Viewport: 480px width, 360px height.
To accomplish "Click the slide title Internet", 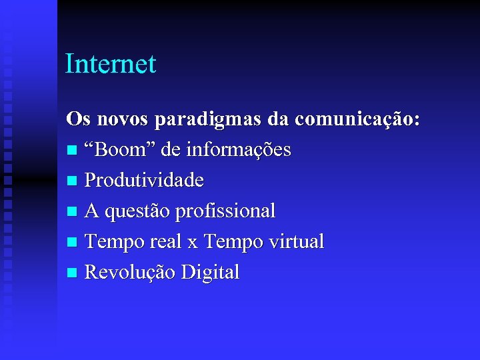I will click(x=111, y=64).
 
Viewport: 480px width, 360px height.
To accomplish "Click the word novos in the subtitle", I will click(x=123, y=119).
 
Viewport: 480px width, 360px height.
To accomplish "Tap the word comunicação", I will click(x=357, y=121).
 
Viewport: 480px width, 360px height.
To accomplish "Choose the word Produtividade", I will click(x=145, y=181).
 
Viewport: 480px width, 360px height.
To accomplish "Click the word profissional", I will click(x=225, y=211).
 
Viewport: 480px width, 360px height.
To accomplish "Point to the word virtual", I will click(x=294, y=241).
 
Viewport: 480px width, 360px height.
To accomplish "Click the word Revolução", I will click(x=130, y=272).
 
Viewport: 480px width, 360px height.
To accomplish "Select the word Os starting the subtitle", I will click(x=77, y=119).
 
